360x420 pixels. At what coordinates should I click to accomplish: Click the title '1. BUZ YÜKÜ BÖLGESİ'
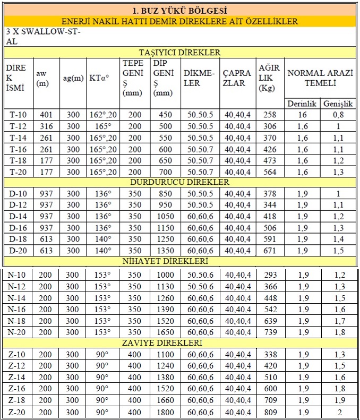tap(179, 10)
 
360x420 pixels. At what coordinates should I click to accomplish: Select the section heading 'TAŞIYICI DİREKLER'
tap(179, 52)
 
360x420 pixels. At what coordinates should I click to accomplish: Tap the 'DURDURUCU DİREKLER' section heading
tap(179, 182)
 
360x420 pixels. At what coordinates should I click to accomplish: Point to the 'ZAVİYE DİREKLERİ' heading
tap(179, 343)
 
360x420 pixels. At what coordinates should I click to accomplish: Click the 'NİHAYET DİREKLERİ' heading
tap(179, 261)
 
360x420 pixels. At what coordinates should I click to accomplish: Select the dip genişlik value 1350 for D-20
tap(165, 251)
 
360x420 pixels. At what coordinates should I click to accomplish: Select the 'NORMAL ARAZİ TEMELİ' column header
tap(320, 78)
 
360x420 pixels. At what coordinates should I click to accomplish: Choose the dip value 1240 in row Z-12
tap(165, 366)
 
